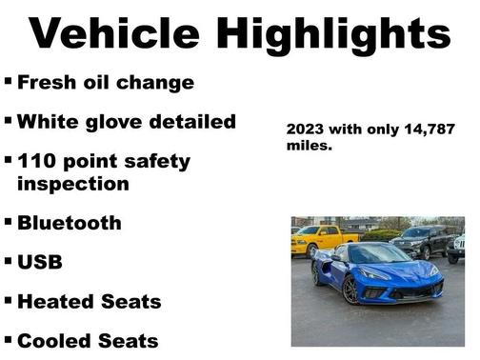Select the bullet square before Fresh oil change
click(x=9, y=81)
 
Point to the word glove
click(x=113, y=122)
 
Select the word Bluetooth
click(x=70, y=223)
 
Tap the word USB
click(x=40, y=262)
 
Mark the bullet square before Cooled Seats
click(x=9, y=338)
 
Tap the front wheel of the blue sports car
click(x=350, y=289)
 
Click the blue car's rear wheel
click(x=316, y=272)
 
